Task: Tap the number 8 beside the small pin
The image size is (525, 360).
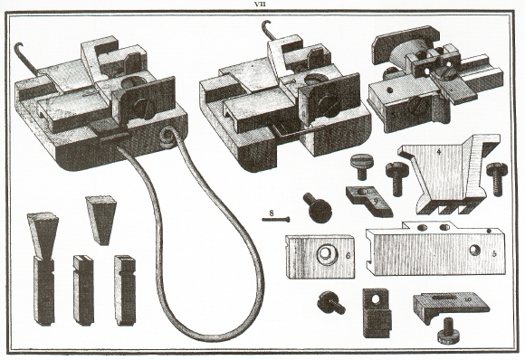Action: pos(272,213)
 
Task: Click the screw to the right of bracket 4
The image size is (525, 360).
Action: pos(498,175)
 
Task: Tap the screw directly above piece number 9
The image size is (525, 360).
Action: pos(360,166)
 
